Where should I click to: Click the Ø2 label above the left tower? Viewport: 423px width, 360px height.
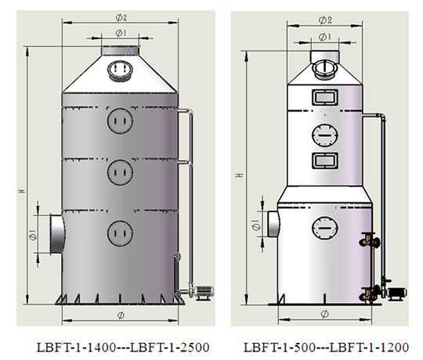click(121, 18)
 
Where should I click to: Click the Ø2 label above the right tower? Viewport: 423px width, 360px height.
click(325, 20)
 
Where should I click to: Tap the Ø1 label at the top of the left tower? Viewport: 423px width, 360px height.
click(121, 33)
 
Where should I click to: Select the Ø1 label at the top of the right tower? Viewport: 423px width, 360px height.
click(324, 37)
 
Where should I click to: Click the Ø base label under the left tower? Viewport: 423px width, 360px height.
click(121, 315)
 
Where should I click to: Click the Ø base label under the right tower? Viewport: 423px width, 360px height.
click(324, 314)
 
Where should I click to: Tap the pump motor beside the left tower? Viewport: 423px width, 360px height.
click(204, 292)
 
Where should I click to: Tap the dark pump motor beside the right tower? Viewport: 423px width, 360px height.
click(396, 293)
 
